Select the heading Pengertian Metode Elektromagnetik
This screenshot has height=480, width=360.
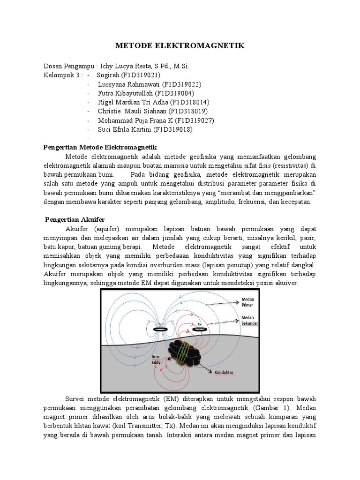100,147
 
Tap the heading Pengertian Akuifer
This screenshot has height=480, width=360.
75,219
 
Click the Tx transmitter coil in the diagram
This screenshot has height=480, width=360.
160,330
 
